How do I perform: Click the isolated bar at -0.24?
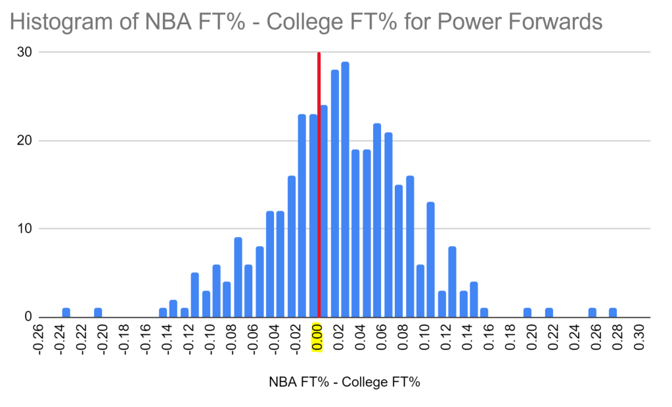pyautogui.click(x=66, y=312)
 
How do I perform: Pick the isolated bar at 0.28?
pyautogui.click(x=613, y=312)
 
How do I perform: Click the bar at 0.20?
pyautogui.click(x=527, y=312)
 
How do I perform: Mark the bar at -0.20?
pyautogui.click(x=98, y=312)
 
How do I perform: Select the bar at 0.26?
pyautogui.click(x=592, y=312)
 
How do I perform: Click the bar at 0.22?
pyautogui.click(x=549, y=312)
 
